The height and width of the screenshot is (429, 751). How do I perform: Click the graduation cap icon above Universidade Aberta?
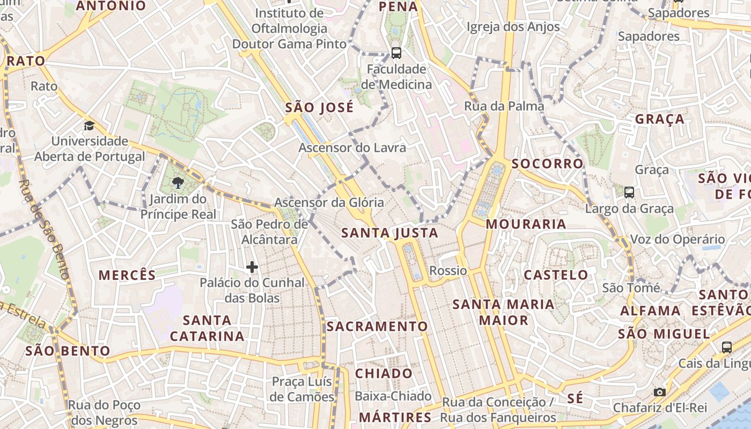pos(89,126)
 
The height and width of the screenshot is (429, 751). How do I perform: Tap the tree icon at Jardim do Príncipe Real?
pos(178,183)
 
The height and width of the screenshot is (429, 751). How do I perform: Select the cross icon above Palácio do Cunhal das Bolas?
pos(252,267)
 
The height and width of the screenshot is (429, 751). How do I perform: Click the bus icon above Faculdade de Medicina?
pos(396,53)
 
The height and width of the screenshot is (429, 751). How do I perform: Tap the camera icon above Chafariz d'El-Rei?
pos(660,393)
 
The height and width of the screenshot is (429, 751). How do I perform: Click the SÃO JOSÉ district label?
pos(319,107)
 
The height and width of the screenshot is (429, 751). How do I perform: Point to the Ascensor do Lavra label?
pos(352,147)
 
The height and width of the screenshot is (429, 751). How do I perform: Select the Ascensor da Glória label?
pos(329,203)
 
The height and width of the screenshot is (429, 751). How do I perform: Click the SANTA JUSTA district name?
pos(390,233)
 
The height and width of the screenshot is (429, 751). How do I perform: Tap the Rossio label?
pos(448,270)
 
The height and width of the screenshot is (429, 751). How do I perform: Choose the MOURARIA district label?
pos(526,224)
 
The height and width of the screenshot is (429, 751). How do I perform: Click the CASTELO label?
pos(556,275)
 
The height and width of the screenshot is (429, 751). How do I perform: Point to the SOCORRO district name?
pos(547,164)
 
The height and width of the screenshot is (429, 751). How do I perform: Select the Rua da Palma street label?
pos(504,106)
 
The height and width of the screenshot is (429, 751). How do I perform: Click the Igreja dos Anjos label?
pos(513,27)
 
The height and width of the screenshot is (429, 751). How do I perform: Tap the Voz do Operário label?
pos(677,240)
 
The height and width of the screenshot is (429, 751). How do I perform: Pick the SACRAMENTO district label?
pos(377,326)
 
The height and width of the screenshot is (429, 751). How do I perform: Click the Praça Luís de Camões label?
pos(303,389)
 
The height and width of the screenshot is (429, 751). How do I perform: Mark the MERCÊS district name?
pos(127,275)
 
